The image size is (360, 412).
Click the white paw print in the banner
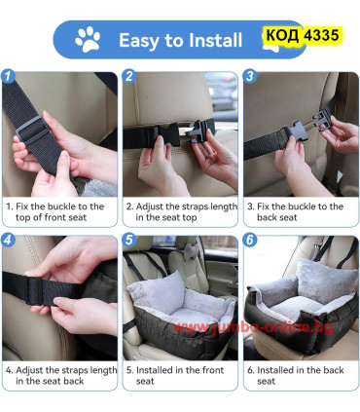[88, 39]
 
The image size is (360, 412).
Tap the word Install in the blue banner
[215, 40]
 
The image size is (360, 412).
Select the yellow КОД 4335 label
[302, 35]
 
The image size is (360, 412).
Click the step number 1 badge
[8, 77]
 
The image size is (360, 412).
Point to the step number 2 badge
[129, 77]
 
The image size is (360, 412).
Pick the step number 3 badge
[250, 77]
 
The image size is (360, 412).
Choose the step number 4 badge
[8, 241]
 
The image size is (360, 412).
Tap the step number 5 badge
[129, 241]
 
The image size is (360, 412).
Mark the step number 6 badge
[250, 241]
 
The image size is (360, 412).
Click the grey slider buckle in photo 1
[31, 131]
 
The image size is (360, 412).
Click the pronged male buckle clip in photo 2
[198, 131]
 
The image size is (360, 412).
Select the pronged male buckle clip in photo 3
[324, 120]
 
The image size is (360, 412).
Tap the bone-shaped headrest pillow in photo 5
[192, 250]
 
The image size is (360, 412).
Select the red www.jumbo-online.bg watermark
[253, 327]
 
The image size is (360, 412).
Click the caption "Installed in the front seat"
[175, 376]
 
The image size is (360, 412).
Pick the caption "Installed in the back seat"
[296, 376]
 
